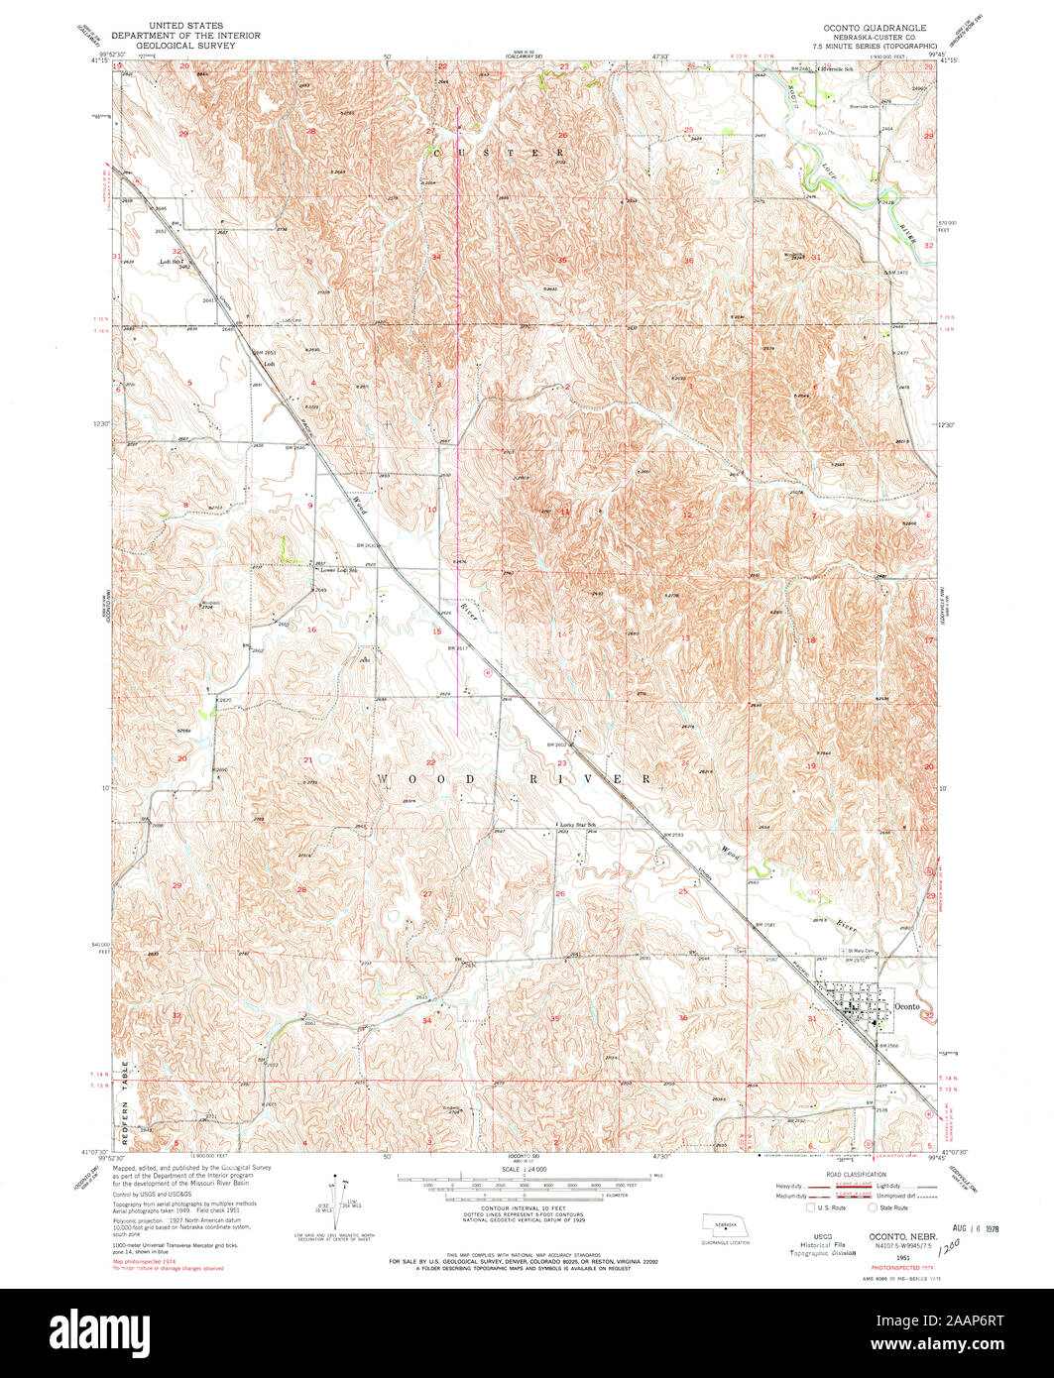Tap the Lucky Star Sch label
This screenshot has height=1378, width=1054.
[x=580, y=825]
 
